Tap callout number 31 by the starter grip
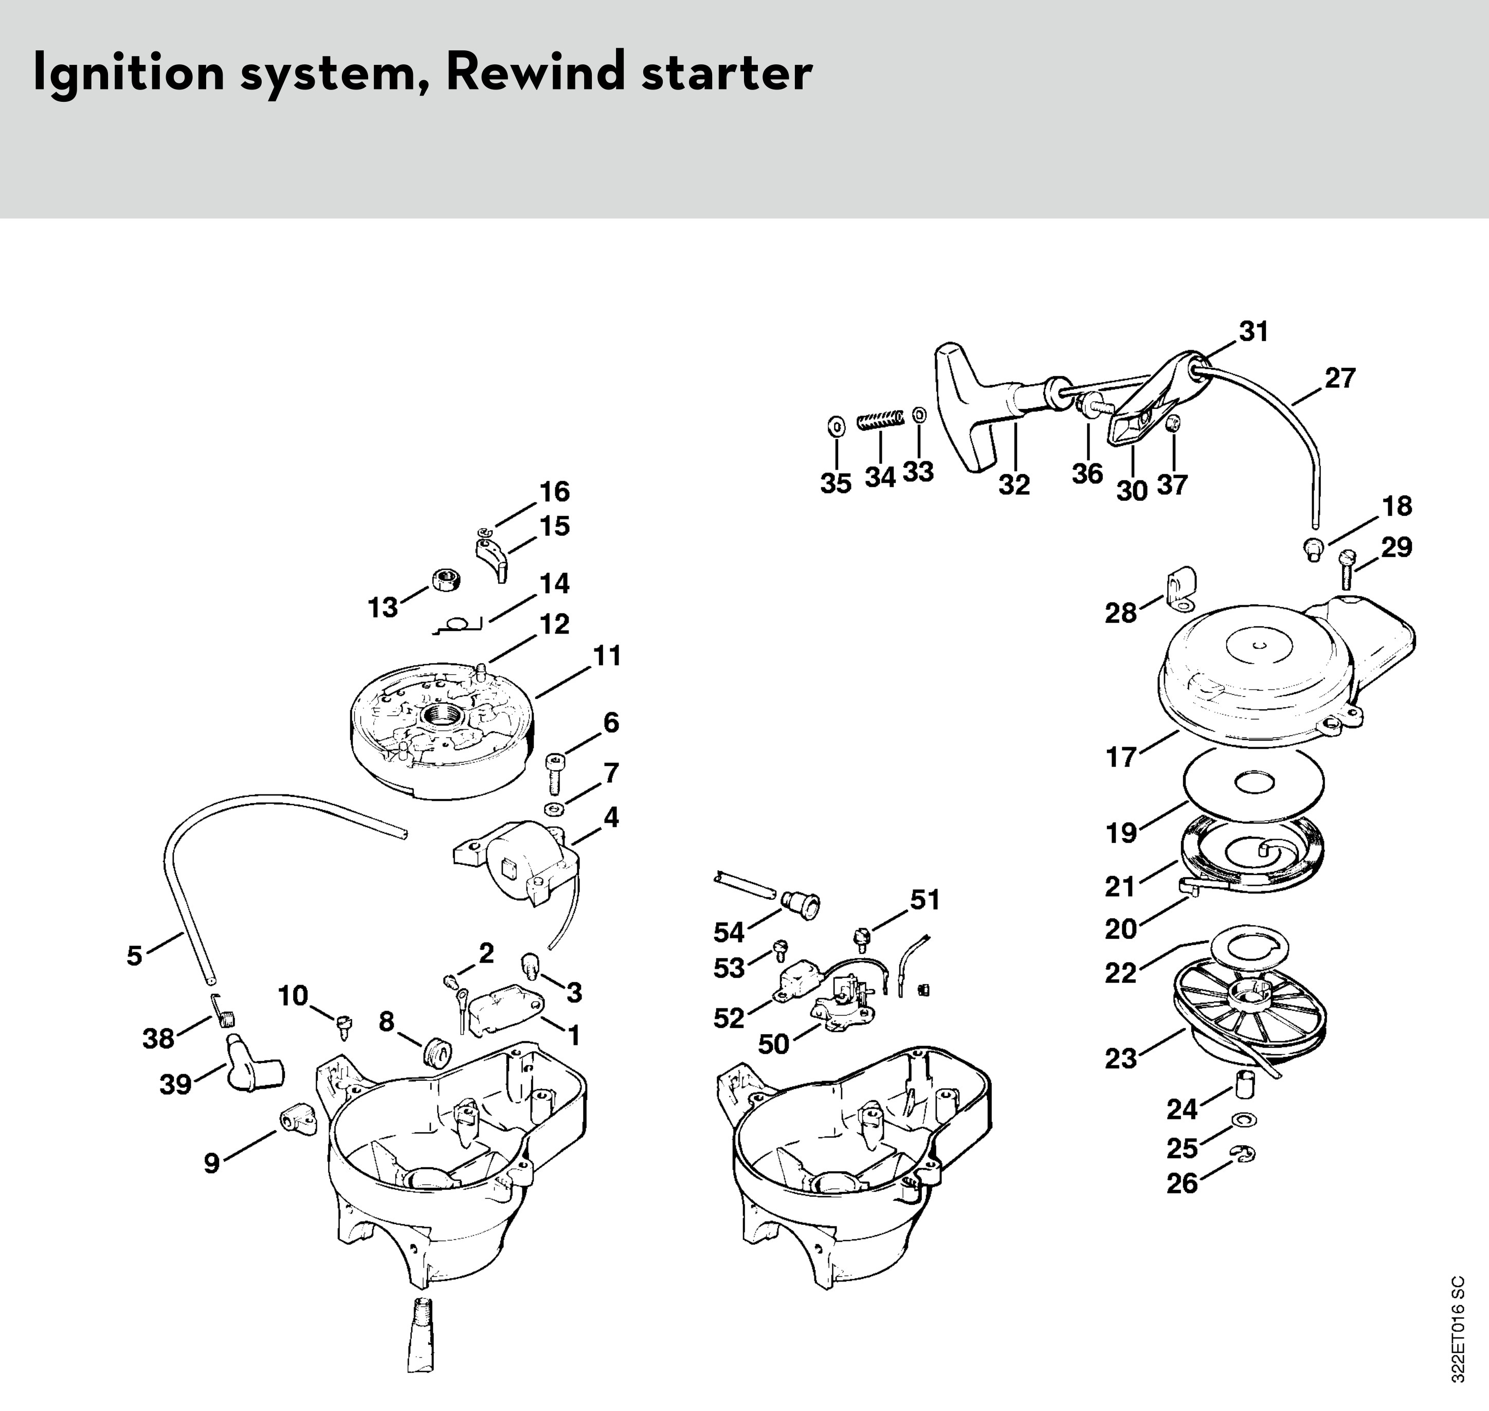coord(1253,331)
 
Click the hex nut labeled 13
coord(446,581)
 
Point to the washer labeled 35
coord(835,426)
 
